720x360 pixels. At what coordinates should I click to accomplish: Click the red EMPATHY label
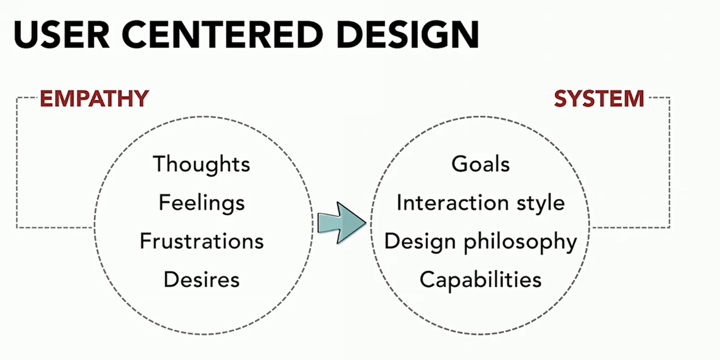click(94, 99)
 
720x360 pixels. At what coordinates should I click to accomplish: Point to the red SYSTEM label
click(599, 99)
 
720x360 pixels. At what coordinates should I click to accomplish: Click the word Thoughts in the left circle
click(201, 164)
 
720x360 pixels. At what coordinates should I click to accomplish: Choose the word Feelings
click(201, 202)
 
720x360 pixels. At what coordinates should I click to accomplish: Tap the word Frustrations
click(201, 241)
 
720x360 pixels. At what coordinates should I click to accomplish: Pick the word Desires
click(201, 279)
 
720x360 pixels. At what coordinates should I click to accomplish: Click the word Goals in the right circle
click(480, 164)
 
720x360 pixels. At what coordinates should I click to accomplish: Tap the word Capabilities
click(480, 279)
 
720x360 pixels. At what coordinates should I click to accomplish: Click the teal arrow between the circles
click(341, 223)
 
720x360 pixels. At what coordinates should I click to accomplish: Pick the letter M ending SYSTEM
click(633, 99)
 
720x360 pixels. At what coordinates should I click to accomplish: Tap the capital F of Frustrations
click(145, 241)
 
